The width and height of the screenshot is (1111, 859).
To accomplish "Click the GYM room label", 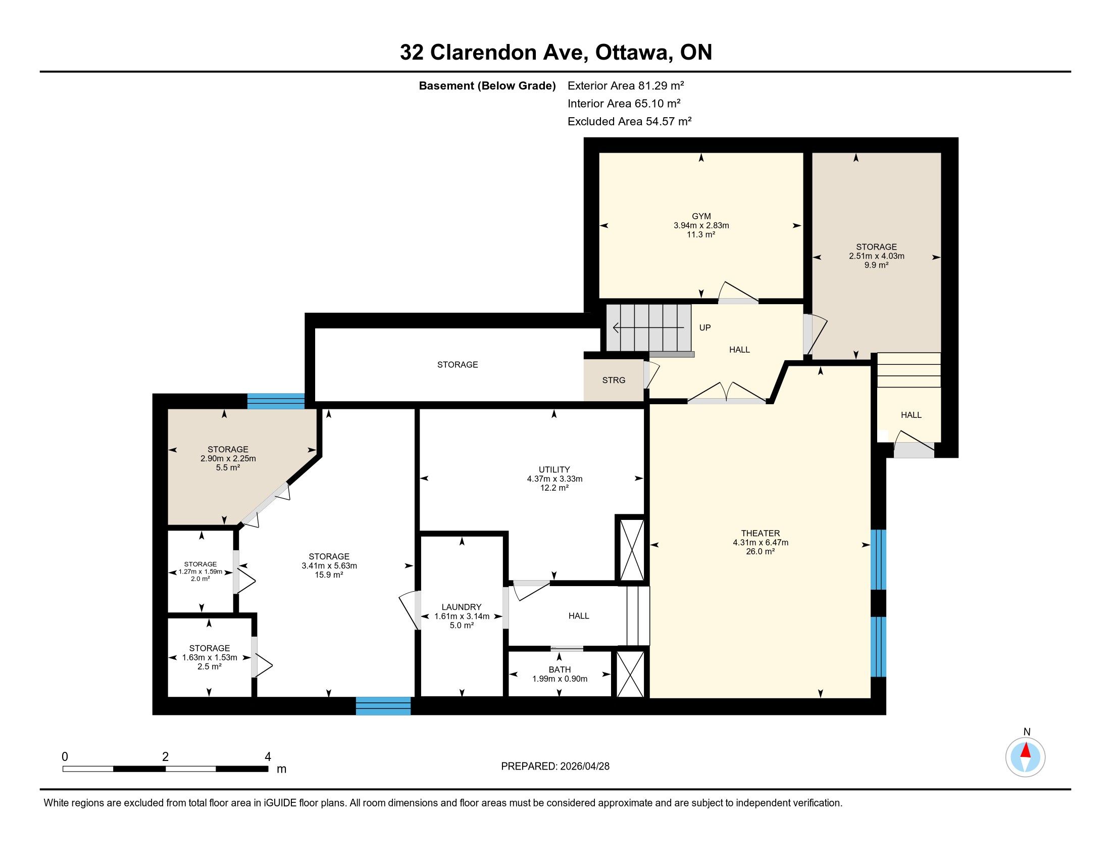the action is (x=701, y=216).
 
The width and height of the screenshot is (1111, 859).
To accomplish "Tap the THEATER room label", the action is (x=761, y=533).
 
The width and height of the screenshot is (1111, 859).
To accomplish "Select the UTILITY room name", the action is (x=554, y=470).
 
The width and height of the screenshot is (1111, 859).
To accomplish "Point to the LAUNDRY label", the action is (x=462, y=607).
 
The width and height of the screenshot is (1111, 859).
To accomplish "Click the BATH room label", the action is (x=560, y=670).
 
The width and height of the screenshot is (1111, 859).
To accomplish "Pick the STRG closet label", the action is (x=614, y=380).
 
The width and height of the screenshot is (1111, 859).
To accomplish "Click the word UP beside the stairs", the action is (x=704, y=328).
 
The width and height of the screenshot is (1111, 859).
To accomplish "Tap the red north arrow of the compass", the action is (x=1026, y=750).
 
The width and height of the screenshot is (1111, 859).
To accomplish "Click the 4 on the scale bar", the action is (x=268, y=757).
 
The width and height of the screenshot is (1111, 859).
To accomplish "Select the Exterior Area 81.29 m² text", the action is (x=626, y=85).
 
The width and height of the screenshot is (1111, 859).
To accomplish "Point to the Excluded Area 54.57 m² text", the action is (x=629, y=121).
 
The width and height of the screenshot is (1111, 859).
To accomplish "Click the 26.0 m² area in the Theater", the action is (x=761, y=552).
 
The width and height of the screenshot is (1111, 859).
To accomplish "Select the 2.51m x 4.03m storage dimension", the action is (x=877, y=256).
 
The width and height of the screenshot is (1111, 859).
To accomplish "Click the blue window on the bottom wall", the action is (x=383, y=706).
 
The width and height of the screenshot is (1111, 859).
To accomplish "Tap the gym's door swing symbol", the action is (x=738, y=293).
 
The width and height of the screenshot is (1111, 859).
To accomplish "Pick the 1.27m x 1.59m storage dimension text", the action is (x=200, y=571).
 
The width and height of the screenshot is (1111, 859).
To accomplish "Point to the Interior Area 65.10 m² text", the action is (x=624, y=103).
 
